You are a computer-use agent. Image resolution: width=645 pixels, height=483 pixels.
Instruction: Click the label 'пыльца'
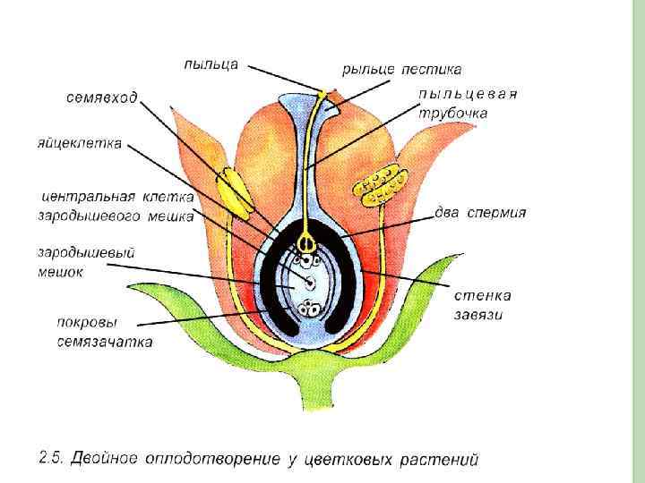coord(211,64)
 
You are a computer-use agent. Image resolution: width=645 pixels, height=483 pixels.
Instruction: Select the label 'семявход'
coord(101,97)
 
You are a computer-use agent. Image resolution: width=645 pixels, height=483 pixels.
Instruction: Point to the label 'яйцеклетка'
coord(80,143)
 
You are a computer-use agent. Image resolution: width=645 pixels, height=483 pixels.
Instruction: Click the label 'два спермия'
coord(480,213)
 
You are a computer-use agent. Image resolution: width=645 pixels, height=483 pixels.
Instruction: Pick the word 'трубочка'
coord(453,114)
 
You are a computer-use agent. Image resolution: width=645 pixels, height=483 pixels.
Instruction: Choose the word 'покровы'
coord(83,324)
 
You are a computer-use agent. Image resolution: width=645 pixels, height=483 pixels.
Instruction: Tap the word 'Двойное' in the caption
coord(103,460)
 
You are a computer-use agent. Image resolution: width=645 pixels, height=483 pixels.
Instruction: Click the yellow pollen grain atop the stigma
coord(322,92)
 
